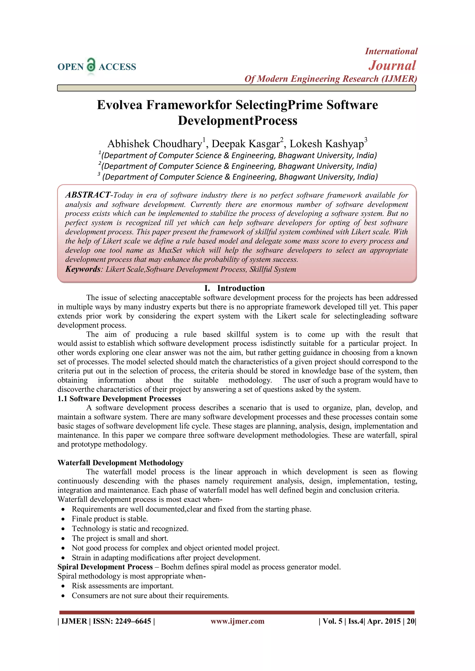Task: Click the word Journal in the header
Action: [x=392, y=65]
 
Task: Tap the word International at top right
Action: [x=391, y=51]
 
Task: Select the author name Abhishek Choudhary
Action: [x=155, y=144]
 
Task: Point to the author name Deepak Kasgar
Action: [x=246, y=144]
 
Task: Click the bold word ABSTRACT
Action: [x=88, y=195]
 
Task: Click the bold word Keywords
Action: [x=83, y=269]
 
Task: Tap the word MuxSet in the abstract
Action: [x=170, y=250]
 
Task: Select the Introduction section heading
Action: [x=241, y=288]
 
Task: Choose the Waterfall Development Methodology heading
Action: [x=120, y=463]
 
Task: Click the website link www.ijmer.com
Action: [x=237, y=621]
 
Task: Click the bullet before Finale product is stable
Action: [x=63, y=519]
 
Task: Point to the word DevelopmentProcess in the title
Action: [x=237, y=120]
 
